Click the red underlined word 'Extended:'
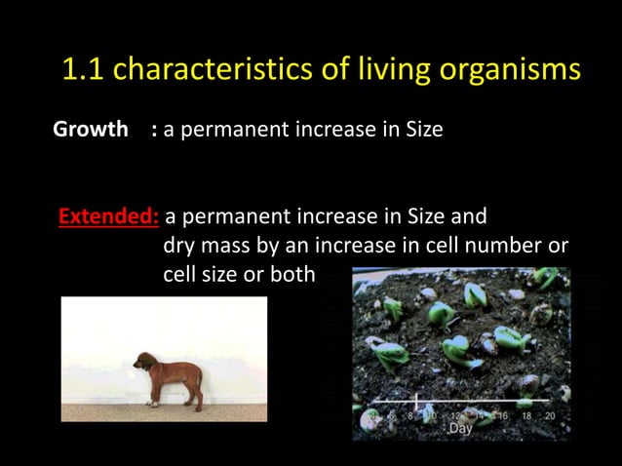pyautogui.click(x=109, y=216)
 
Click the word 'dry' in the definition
pyautogui.click(x=179, y=246)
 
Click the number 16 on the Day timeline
pyautogui.click(x=502, y=415)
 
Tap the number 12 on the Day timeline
pyautogui.click(x=455, y=415)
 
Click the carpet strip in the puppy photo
pyautogui.click(x=164, y=413)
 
